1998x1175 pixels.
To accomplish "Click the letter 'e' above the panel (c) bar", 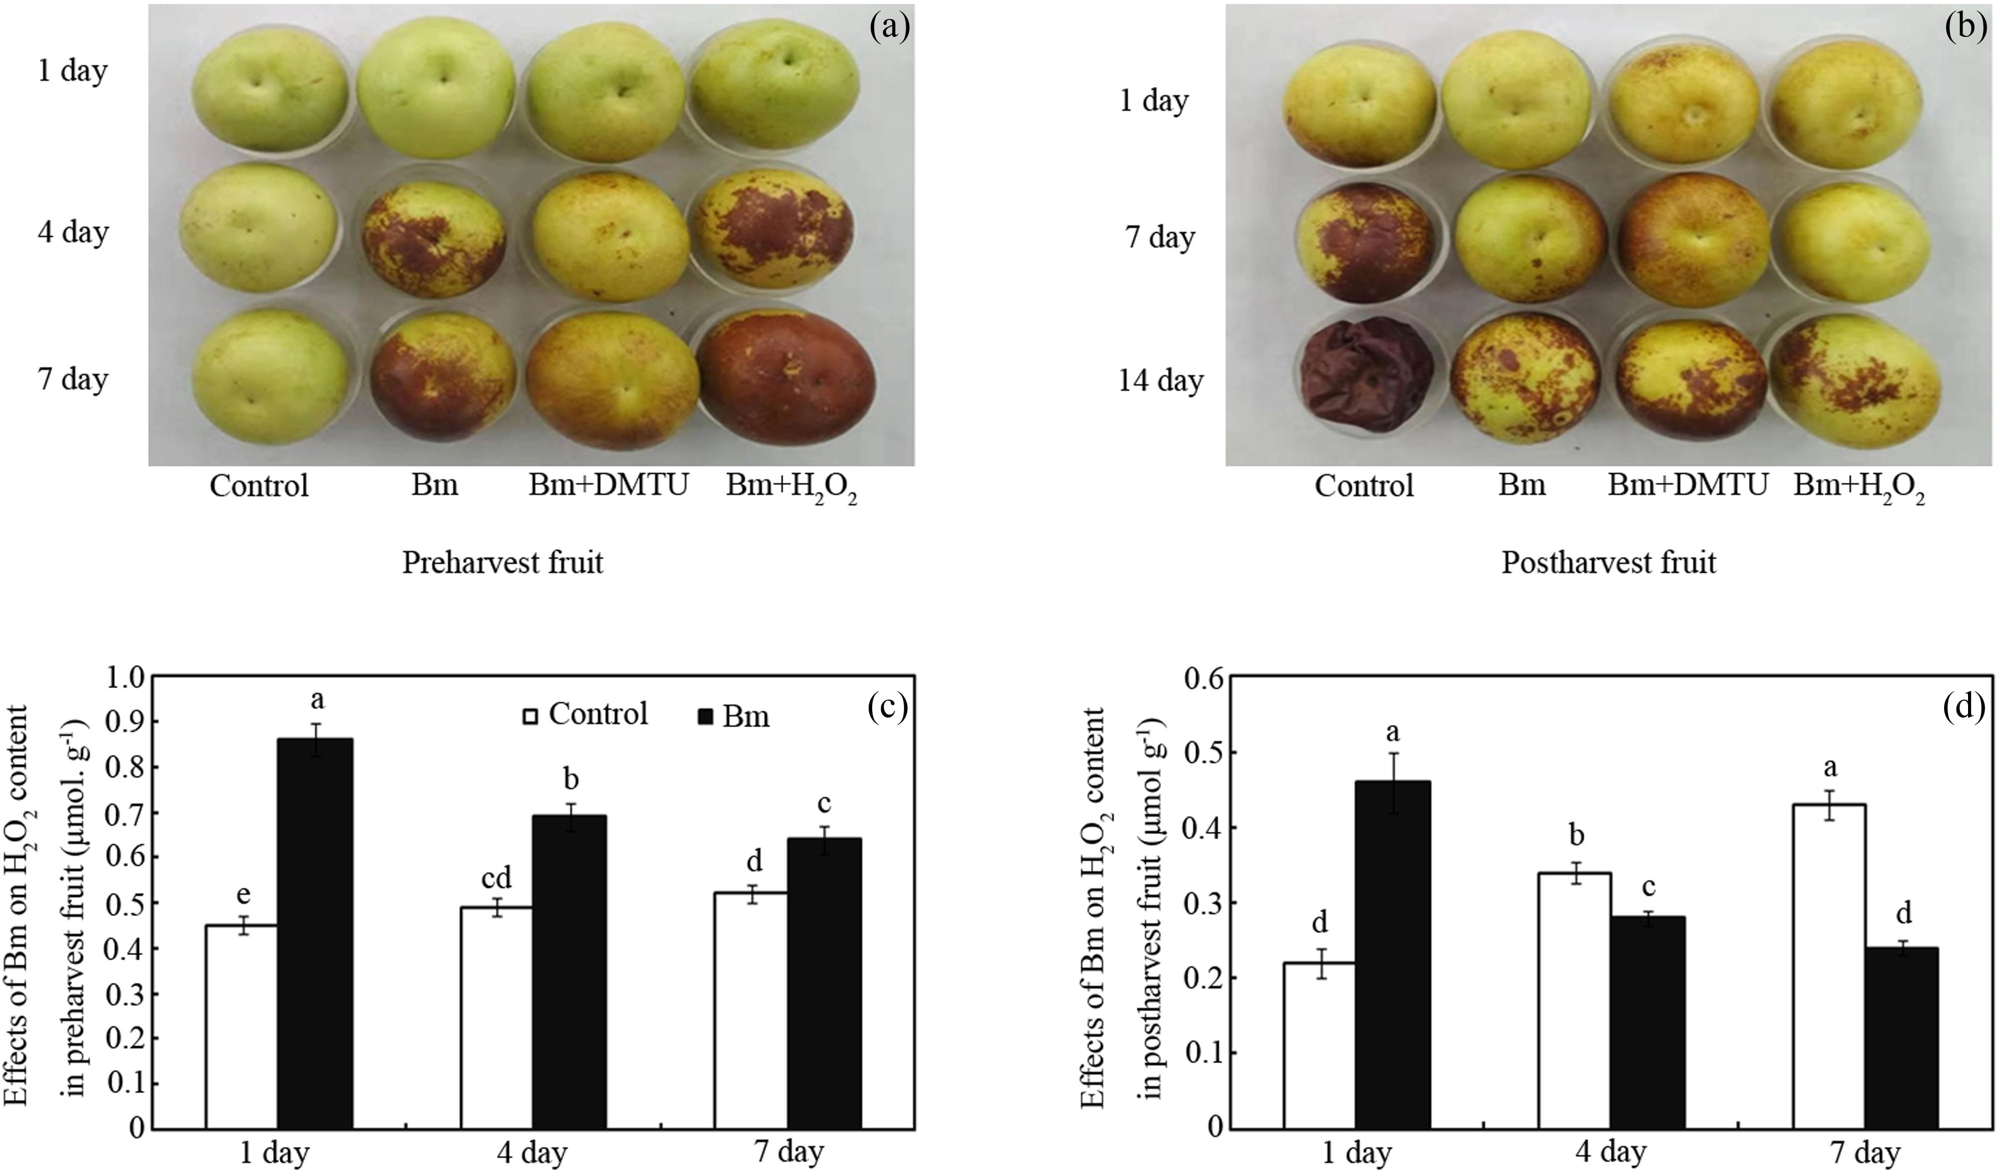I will point(243,895).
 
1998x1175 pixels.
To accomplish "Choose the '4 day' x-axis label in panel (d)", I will point(1609,1151).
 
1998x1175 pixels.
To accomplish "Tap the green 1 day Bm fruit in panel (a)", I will point(435,87).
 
